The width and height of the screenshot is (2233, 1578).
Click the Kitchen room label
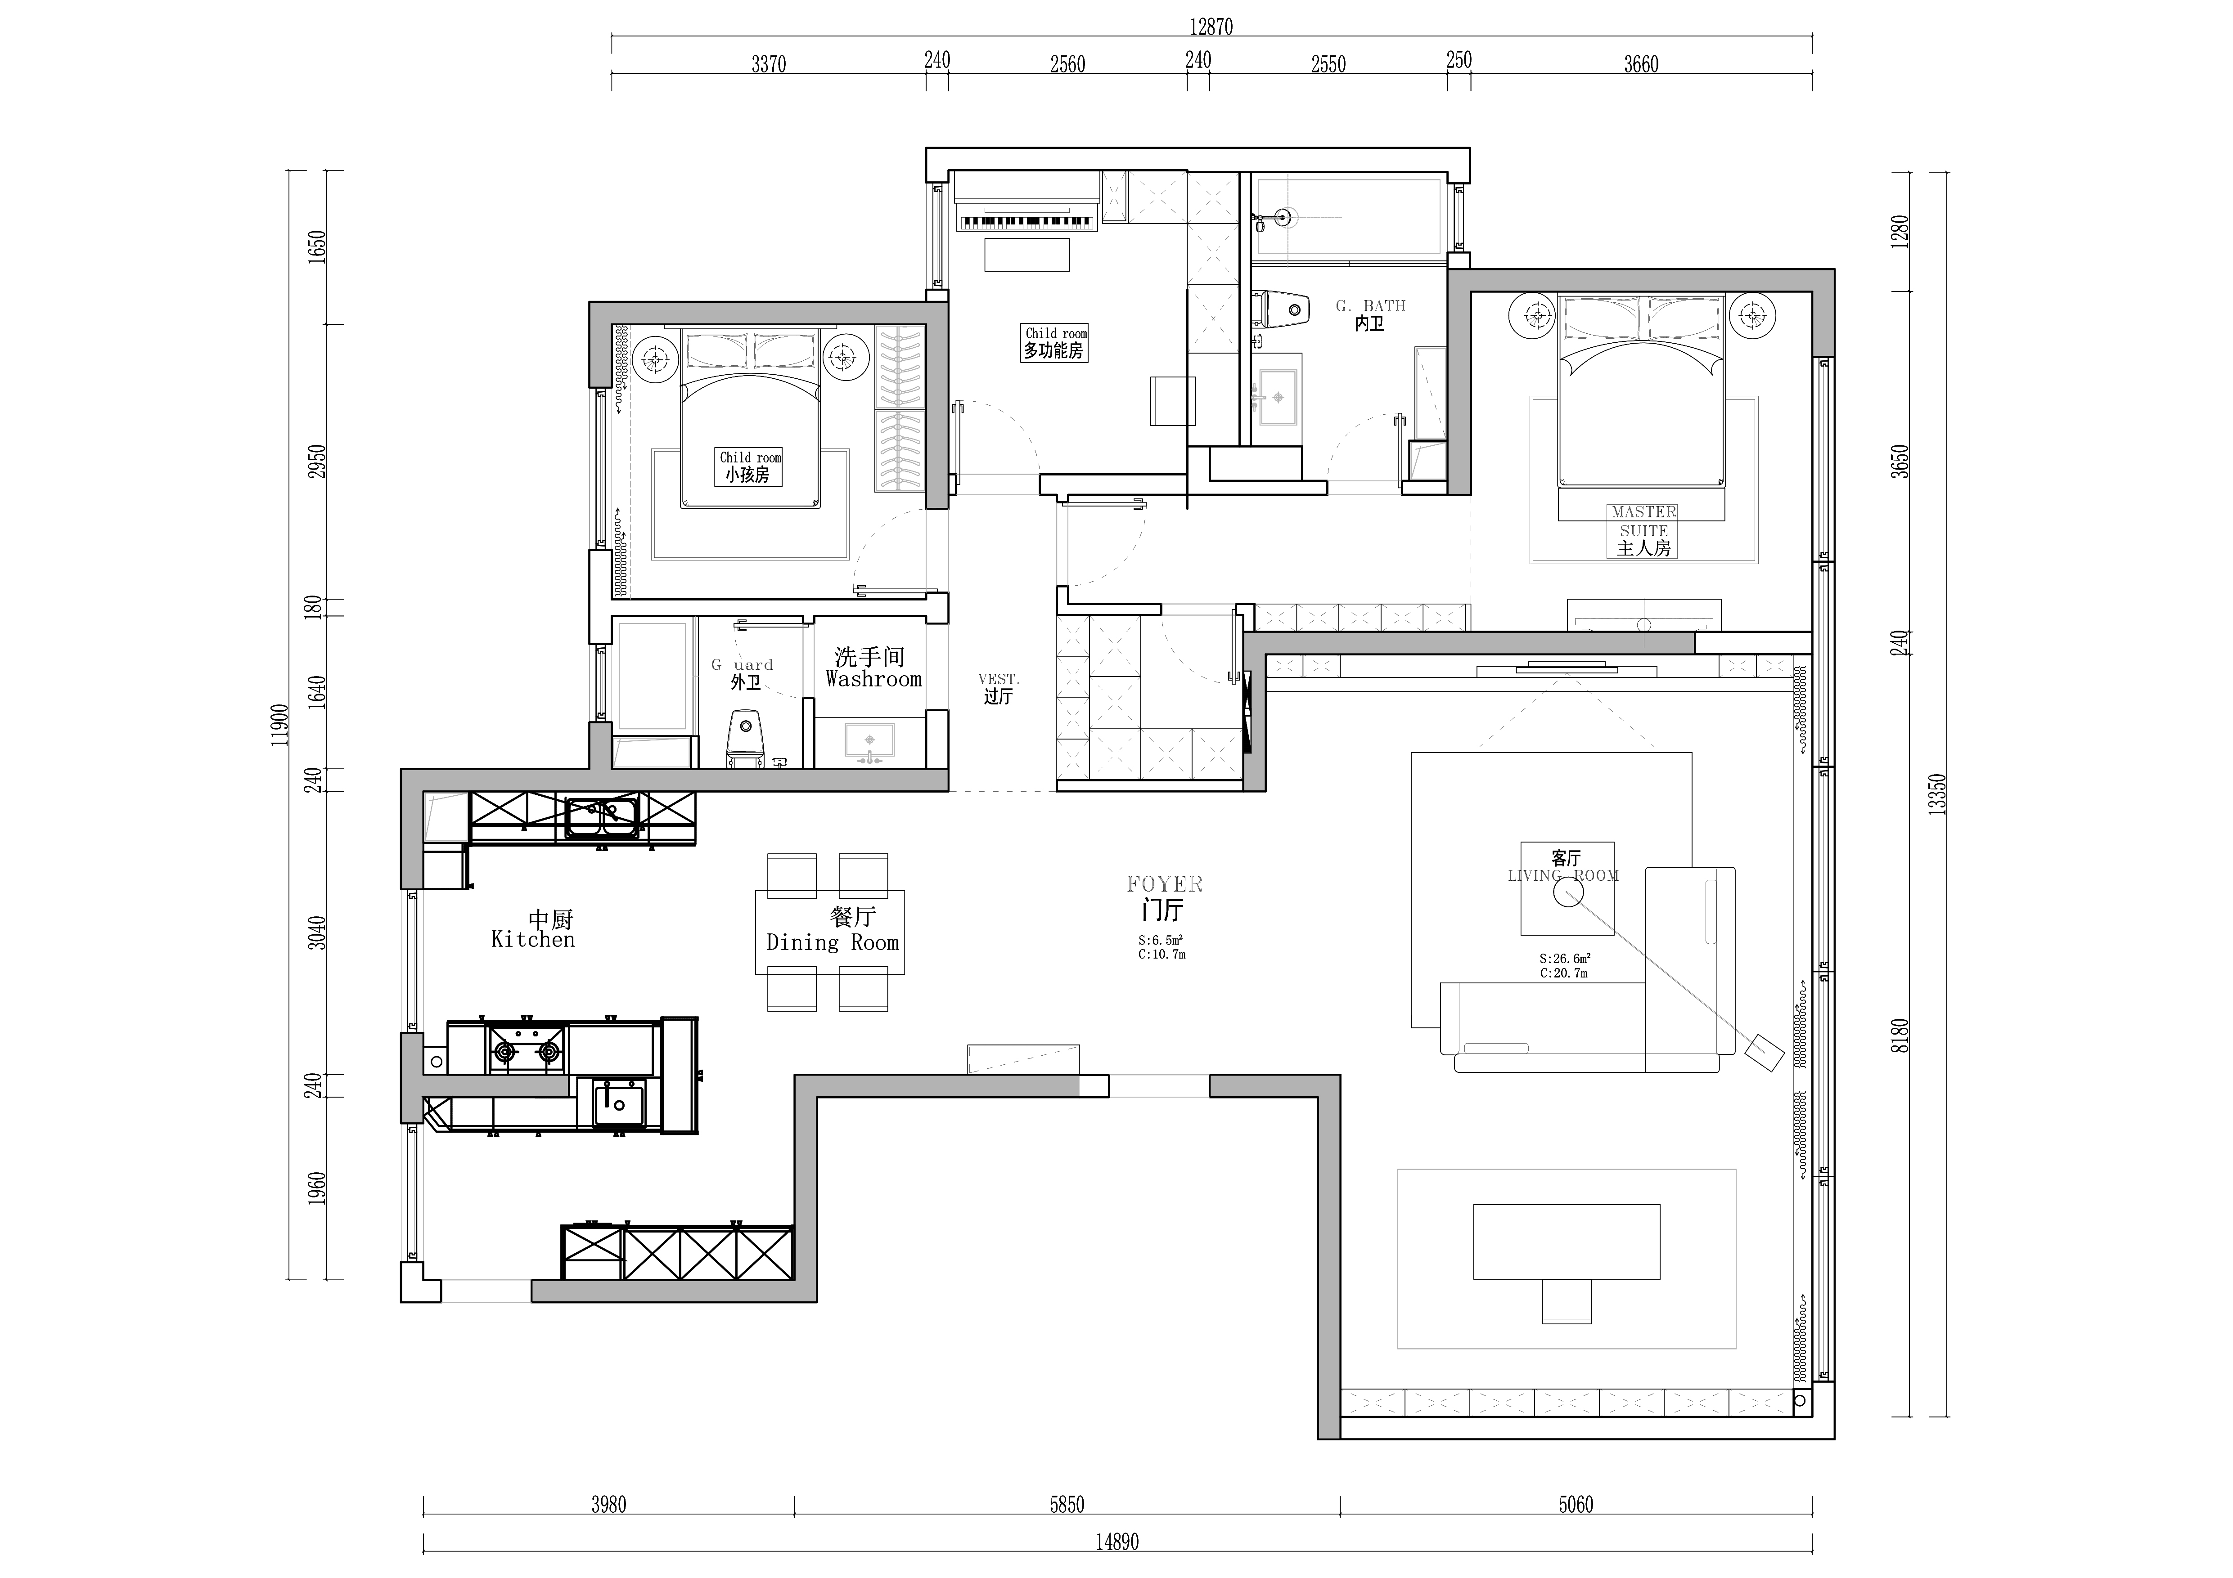pyautogui.click(x=533, y=939)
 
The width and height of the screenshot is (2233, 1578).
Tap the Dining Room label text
pyautogui.click(x=833, y=942)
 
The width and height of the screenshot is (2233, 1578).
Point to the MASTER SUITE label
pyautogui.click(x=1643, y=521)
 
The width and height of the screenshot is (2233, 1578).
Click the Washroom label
pyautogui.click(x=873, y=679)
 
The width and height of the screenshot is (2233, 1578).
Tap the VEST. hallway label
pyautogui.click(x=999, y=679)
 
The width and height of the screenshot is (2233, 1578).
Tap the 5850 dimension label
pyautogui.click(x=1067, y=1505)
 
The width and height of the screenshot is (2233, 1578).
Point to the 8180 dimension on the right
pyautogui.click(x=1901, y=1035)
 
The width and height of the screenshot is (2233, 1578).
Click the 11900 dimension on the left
pyautogui.click(x=280, y=724)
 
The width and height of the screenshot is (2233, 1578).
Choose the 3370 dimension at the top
pyautogui.click(x=768, y=64)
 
